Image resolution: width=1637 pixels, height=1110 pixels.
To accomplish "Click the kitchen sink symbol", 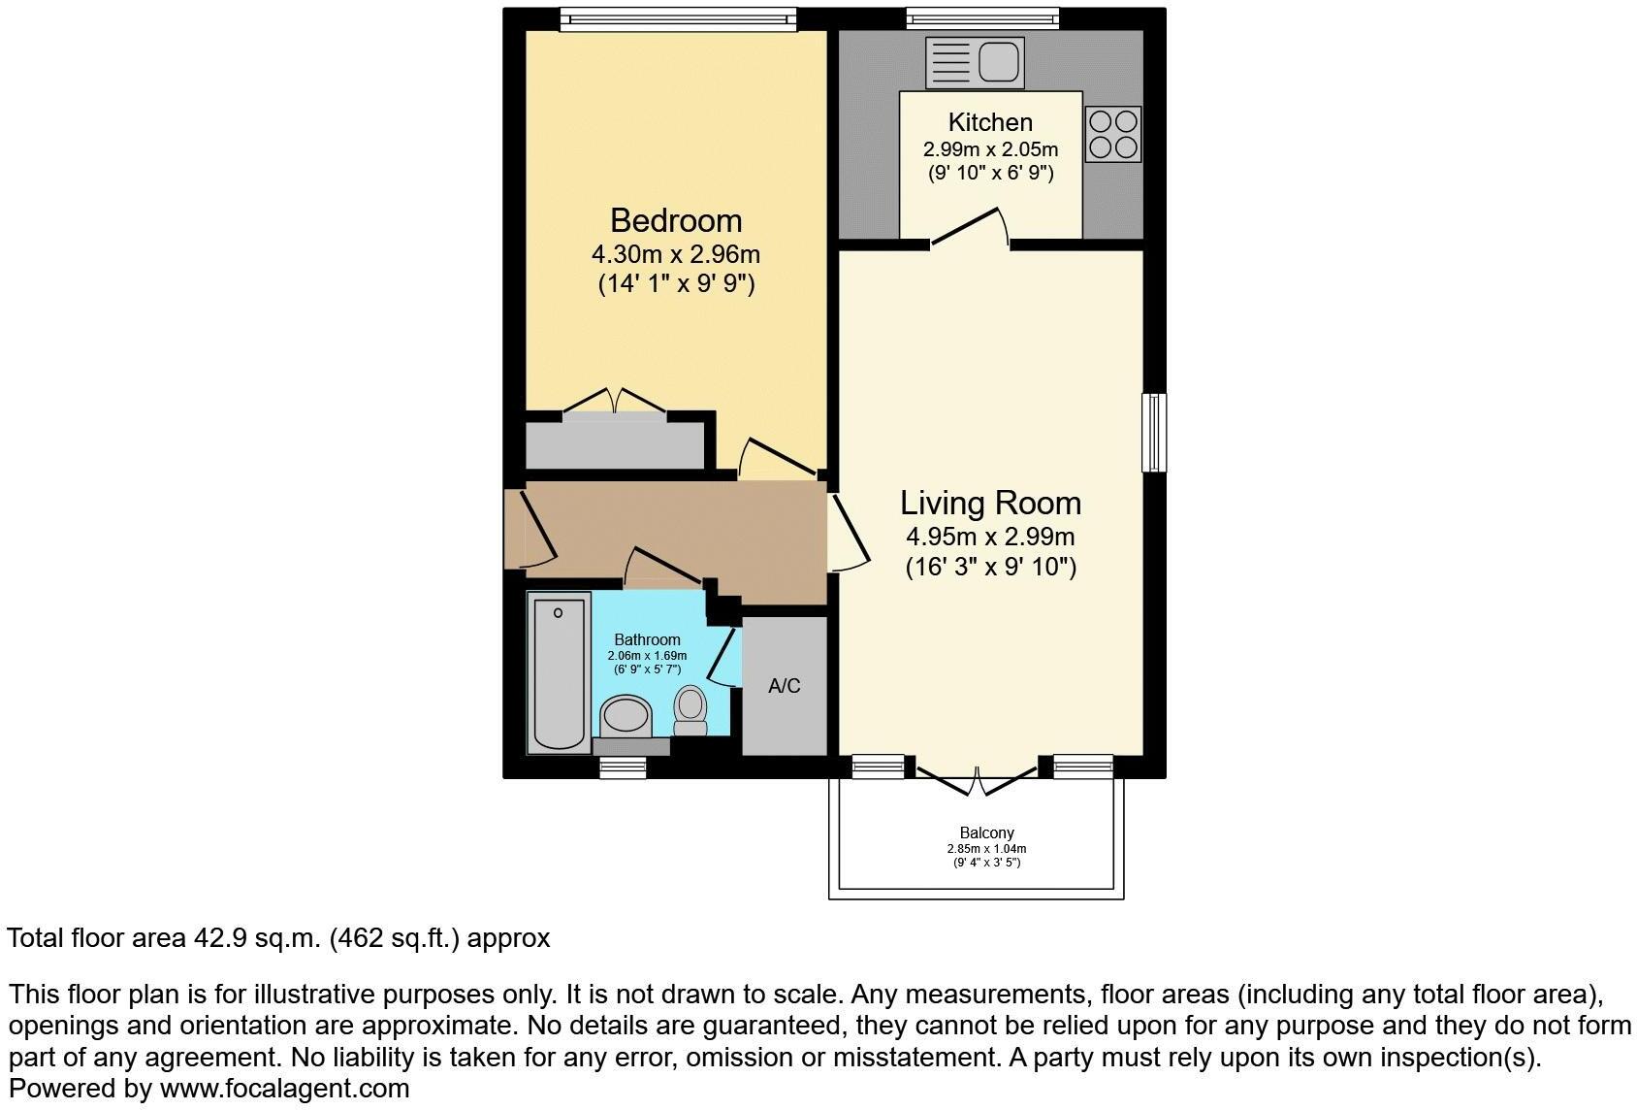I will click(974, 63).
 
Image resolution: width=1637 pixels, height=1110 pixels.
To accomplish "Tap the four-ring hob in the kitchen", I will click(1112, 134).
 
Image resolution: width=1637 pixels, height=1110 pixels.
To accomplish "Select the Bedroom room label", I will click(676, 220).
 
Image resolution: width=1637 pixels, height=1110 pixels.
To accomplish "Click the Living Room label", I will click(990, 503).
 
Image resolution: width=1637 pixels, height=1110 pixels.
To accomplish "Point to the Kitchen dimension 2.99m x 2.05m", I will click(990, 149).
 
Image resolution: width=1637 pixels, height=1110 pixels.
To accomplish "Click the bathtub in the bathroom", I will click(559, 671).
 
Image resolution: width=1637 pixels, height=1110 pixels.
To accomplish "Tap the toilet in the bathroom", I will click(690, 710).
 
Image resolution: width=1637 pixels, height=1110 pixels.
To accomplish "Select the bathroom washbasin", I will click(626, 717).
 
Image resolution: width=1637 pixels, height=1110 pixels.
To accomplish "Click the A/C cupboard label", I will click(784, 686).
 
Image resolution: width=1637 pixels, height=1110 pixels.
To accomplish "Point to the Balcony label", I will click(986, 832).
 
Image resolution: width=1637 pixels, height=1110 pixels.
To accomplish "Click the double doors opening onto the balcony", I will click(977, 779).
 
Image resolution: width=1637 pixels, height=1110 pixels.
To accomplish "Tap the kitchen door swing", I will click(971, 228).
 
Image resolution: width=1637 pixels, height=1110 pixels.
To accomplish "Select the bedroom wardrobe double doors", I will click(614, 402).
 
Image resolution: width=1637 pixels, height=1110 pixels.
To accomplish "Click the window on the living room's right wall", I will click(1153, 432).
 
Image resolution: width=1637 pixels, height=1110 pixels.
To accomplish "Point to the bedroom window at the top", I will click(677, 18).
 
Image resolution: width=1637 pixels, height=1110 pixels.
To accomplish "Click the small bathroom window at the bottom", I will click(622, 767).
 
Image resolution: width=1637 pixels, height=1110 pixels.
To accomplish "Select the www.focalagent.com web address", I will click(284, 1089).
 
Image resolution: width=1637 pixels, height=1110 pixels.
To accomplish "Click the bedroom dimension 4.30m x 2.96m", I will click(676, 255).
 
